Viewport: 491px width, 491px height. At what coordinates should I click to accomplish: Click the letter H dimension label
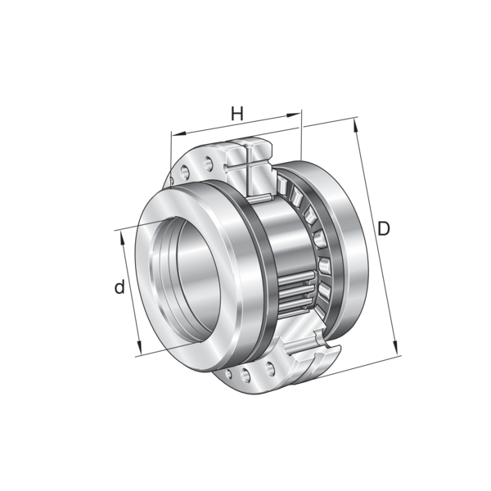click(x=237, y=114)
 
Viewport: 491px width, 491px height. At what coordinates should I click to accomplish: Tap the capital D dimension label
click(x=384, y=228)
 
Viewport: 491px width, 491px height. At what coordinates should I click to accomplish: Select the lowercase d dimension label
click(x=119, y=287)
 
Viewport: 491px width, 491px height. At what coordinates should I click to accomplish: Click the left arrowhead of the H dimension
click(x=178, y=133)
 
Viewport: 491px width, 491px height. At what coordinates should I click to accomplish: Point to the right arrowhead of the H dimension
click(x=294, y=115)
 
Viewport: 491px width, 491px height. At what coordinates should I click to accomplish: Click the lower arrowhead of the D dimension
click(x=396, y=347)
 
